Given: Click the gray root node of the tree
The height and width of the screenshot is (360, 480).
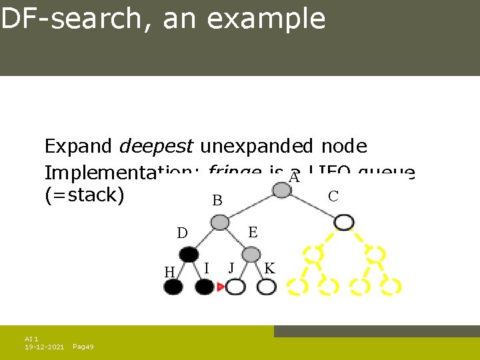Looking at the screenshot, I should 283,191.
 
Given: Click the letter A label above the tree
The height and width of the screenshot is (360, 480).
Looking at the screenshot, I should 295,177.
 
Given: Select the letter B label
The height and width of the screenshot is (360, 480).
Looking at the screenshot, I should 217,201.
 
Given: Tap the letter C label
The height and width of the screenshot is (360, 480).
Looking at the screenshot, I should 333,196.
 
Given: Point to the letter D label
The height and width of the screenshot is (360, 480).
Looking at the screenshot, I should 182,233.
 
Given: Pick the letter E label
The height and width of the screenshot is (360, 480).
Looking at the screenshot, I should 253,232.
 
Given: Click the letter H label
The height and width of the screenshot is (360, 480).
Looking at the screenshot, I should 169,271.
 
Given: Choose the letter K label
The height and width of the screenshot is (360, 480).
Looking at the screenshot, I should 269,269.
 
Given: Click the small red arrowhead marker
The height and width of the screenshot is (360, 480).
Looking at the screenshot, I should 221,287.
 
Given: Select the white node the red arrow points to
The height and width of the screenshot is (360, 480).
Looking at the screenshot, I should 235,287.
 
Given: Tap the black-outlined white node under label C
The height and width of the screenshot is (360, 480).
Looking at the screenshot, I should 344,222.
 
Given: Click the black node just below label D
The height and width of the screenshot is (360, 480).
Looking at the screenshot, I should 189,254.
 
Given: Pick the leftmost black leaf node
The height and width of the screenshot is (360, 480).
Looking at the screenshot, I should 173,287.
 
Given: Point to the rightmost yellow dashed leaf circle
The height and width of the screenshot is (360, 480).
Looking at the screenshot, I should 391,286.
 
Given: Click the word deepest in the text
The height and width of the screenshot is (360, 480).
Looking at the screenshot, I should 157,146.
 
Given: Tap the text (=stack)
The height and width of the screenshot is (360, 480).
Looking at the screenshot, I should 84,197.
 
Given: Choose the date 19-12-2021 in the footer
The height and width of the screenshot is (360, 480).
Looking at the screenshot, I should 45,347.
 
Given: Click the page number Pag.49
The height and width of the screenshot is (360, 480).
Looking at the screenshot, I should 83,347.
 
